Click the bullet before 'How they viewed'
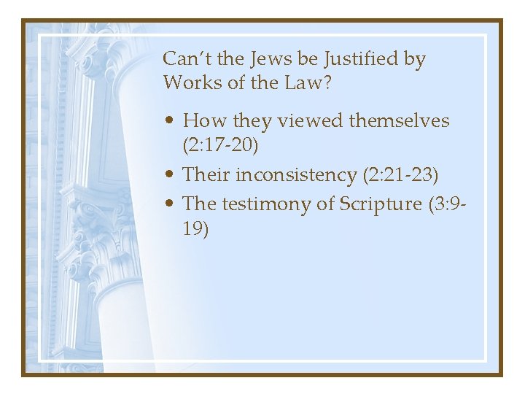[169, 121]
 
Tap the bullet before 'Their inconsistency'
[169, 175]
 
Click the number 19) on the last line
[196, 230]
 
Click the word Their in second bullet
[206, 175]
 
